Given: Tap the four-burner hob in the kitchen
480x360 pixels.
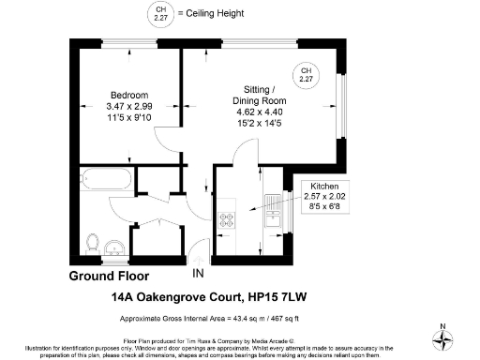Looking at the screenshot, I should coord(228,222).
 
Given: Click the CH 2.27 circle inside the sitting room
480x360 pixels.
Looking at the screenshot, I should coord(305,74).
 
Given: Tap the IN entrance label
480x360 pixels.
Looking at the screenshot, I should coord(197,274).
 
